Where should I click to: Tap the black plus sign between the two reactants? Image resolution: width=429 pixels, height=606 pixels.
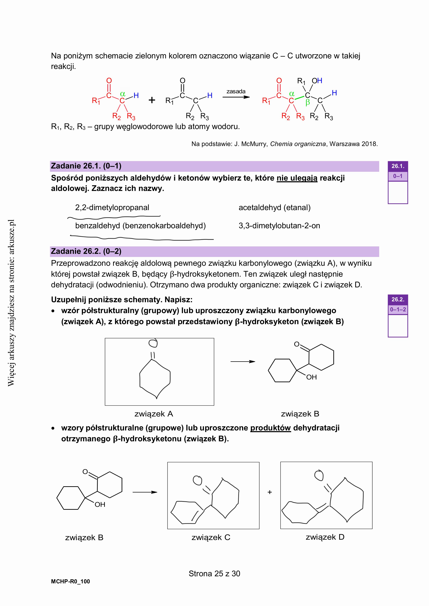[152, 100]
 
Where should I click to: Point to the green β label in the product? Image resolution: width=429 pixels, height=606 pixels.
[308, 103]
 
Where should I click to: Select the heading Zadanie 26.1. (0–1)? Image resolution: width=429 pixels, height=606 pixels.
[86, 166]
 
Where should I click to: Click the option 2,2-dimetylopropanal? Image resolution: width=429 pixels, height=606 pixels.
[112, 208]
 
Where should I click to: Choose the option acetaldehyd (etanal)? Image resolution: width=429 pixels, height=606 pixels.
[275, 208]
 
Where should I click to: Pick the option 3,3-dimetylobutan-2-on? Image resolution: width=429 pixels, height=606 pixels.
[279, 226]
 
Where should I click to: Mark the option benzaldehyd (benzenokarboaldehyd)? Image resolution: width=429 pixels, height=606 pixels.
[140, 226]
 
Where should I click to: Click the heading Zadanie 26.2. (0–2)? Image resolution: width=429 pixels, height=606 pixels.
[86, 251]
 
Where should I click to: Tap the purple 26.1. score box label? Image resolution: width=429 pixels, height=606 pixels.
[398, 166]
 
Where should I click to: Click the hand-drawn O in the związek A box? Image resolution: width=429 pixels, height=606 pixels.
[153, 343]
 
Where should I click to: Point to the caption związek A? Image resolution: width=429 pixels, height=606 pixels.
[154, 414]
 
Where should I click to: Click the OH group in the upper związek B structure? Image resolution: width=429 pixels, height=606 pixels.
[311, 377]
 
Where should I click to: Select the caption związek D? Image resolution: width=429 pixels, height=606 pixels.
[325, 537]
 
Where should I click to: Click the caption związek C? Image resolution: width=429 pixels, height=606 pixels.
[211, 537]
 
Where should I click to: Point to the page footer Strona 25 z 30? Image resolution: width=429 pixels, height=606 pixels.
[214, 574]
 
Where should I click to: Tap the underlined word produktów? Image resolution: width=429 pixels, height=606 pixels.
[271, 428]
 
